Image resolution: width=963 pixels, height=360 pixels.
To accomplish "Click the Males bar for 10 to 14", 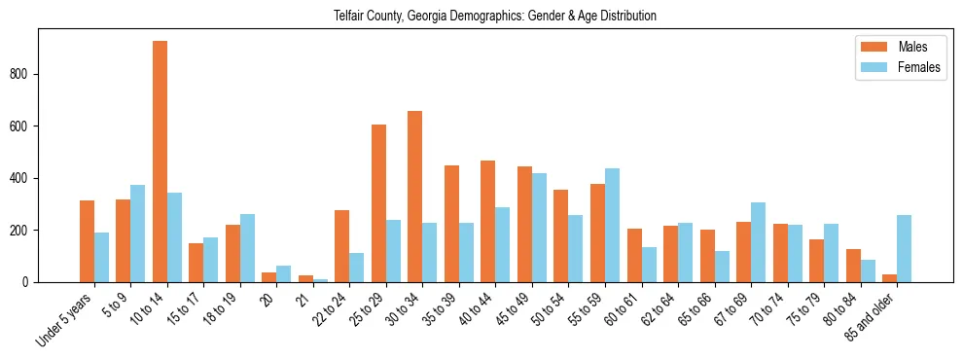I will coord(160,162).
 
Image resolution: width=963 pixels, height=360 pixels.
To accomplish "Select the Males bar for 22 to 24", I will coord(342,246).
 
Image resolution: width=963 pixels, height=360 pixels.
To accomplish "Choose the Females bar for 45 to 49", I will coord(540,228).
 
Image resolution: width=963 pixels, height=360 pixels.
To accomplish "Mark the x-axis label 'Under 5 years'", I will coord(65,321).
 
